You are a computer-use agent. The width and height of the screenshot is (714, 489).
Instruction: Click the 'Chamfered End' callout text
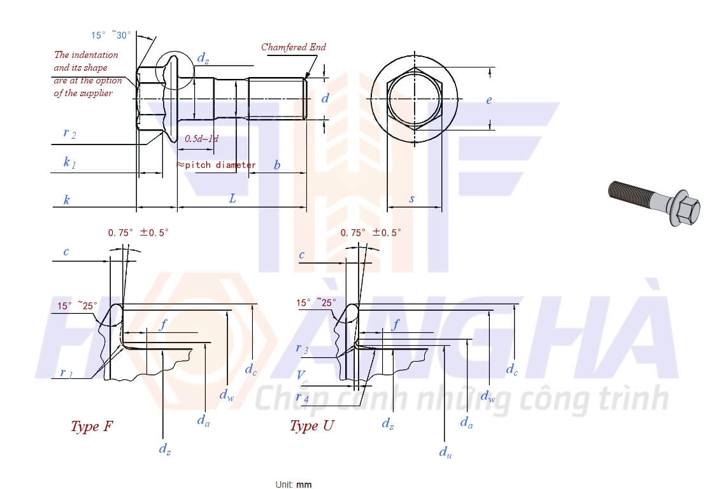click(x=293, y=47)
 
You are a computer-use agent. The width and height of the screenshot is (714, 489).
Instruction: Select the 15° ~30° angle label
click(x=111, y=36)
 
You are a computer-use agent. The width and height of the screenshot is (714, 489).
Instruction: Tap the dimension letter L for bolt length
click(x=232, y=199)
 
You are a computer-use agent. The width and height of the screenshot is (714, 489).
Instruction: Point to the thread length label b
click(x=277, y=166)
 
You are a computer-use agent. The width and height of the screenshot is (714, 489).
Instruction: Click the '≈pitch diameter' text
click(x=216, y=165)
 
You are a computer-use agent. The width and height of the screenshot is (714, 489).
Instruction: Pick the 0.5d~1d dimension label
click(x=201, y=138)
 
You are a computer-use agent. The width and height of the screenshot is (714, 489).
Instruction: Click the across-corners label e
click(x=489, y=100)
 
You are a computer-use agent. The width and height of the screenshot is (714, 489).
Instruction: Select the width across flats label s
click(x=411, y=199)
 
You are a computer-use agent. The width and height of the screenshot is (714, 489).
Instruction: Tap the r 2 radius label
click(x=69, y=133)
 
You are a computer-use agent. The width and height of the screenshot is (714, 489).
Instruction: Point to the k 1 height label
click(x=69, y=162)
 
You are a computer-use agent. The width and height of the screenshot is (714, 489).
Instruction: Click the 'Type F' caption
click(x=93, y=426)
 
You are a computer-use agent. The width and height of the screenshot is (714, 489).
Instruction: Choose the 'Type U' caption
click(x=311, y=426)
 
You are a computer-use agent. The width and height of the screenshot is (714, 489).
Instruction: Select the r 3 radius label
click(x=302, y=348)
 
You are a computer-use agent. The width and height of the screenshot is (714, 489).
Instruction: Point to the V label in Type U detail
click(x=301, y=374)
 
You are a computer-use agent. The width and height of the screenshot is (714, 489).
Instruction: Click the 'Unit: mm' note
click(x=294, y=485)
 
